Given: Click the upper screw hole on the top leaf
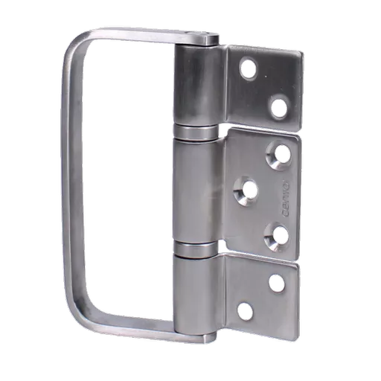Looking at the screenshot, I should coord(248,69).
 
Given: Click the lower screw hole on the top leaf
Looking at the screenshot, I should coord(279,108).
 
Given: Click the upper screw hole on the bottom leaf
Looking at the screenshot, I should coord(277,283).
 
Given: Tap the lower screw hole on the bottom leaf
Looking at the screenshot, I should coord(246,310).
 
